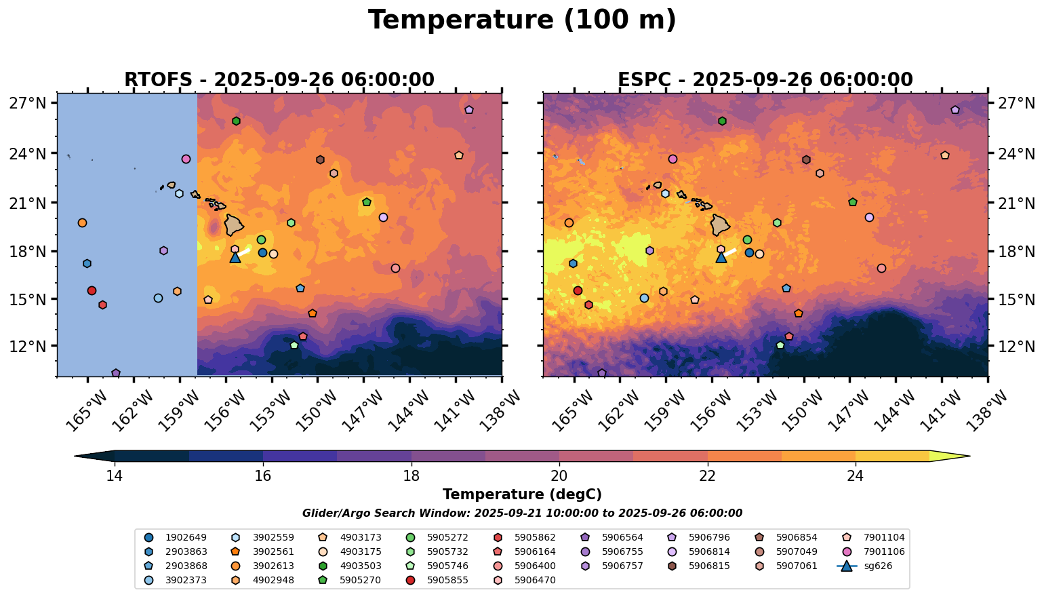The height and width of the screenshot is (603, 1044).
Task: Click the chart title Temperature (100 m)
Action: coord(522,20)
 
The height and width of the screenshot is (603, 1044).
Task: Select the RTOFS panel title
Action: coord(279,80)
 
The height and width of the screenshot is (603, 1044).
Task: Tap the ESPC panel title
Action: coord(765,80)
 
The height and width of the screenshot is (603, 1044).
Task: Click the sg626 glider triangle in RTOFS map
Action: coord(235,257)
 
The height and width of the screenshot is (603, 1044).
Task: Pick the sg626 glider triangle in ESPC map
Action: coord(721,257)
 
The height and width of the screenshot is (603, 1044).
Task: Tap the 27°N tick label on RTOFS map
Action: coord(27,103)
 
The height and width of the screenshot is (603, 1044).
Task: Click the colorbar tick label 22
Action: coord(707,476)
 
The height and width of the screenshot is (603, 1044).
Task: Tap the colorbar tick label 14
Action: coord(115,476)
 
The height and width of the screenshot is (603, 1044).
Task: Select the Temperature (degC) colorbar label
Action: coord(522,495)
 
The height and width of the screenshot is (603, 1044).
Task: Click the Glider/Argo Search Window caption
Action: coord(522,513)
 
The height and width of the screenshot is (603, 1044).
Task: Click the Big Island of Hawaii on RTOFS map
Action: coord(235,225)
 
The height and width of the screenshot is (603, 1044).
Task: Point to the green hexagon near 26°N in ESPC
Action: coord(722,121)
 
